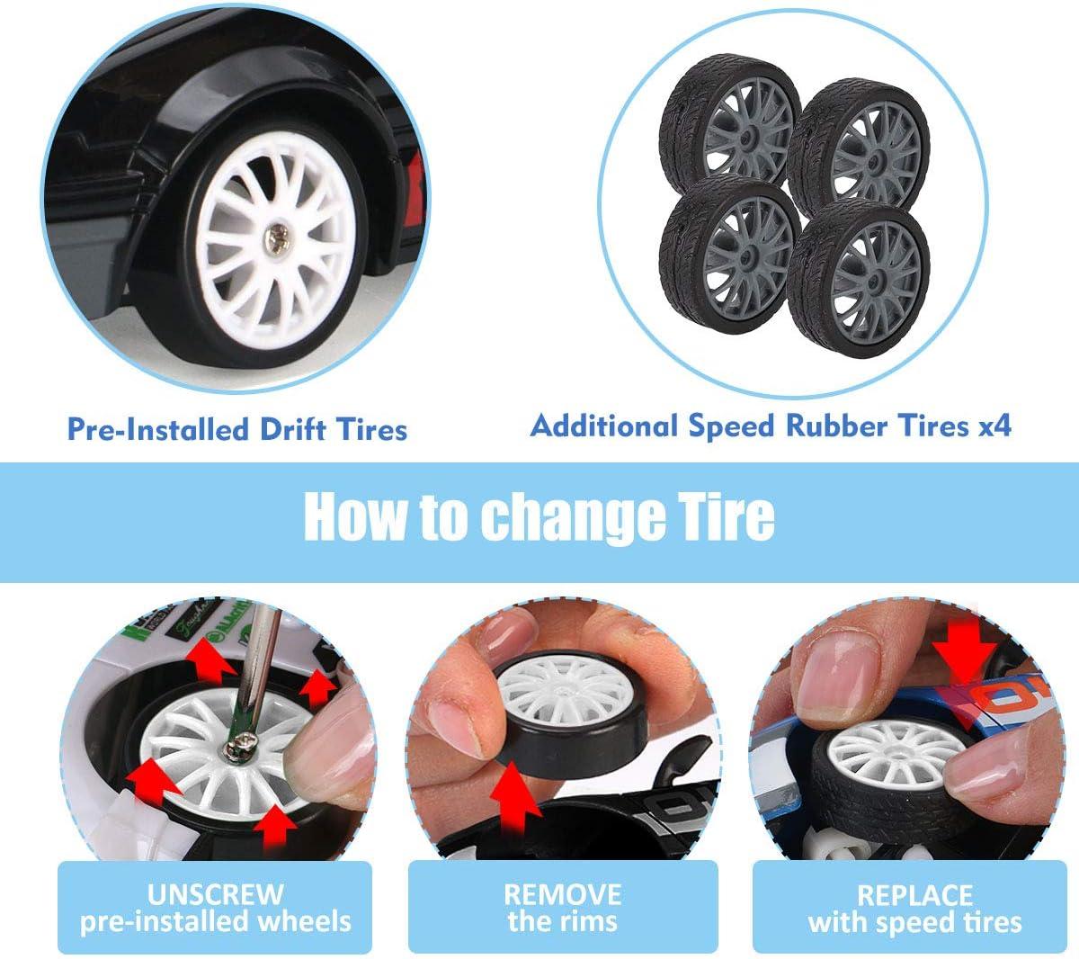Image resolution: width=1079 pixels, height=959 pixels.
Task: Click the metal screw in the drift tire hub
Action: click(x=278, y=238)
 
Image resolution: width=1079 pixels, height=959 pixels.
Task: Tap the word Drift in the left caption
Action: click(x=292, y=428)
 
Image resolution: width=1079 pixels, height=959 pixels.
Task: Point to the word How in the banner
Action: click(x=355, y=515)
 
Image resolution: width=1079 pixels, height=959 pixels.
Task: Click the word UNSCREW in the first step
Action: click(x=216, y=894)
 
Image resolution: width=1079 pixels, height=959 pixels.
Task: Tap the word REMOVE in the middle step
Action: click(x=562, y=894)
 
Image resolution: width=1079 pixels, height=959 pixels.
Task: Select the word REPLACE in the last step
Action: click(x=914, y=895)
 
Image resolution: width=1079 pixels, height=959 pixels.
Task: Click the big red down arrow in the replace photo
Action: click(x=964, y=660)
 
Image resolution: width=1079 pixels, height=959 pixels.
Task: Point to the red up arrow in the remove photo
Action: click(x=515, y=796)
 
